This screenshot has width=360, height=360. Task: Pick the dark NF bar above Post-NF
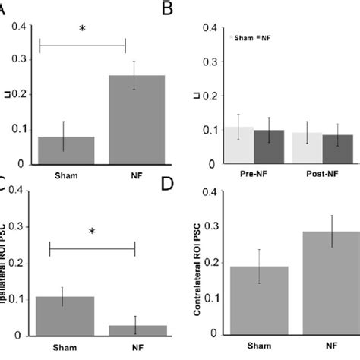(x=337, y=149)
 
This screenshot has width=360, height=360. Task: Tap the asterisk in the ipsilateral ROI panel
(x=92, y=229)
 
